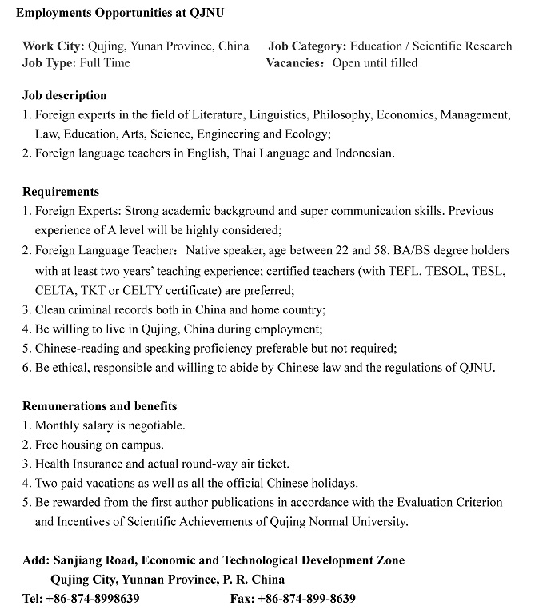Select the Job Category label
(x=307, y=46)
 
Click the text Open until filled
(x=375, y=62)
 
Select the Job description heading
(x=65, y=95)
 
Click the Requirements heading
(x=61, y=191)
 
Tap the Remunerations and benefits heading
(x=100, y=406)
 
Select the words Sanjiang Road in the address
(x=90, y=560)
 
